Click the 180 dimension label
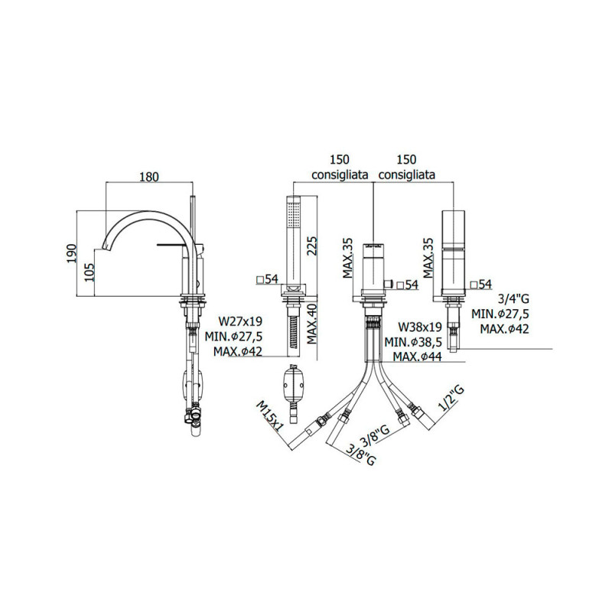coord(148,176)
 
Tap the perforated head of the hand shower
coord(292,213)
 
